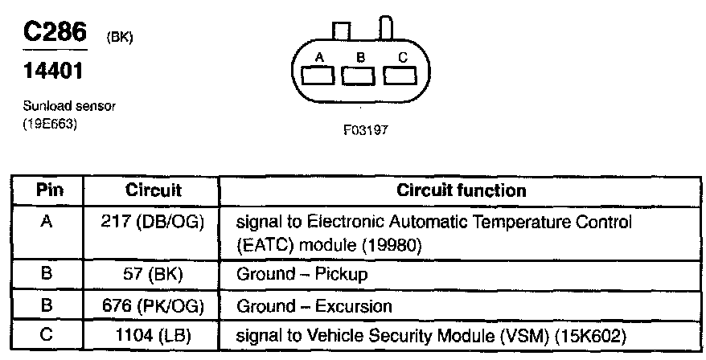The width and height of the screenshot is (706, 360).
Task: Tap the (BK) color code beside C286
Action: tap(117, 38)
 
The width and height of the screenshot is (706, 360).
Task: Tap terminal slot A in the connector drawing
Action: tap(319, 76)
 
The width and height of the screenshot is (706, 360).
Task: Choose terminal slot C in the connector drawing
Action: tap(401, 76)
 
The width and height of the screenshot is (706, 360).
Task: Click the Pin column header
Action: tap(50, 191)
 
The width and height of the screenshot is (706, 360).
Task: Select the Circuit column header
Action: tap(154, 191)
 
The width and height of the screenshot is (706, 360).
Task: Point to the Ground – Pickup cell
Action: tap(302, 274)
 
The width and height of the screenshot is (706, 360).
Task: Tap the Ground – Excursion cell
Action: tap(314, 306)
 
